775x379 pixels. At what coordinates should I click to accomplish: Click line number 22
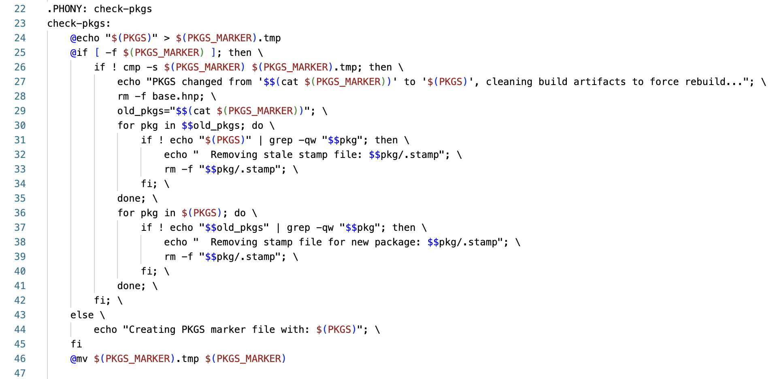coord(20,9)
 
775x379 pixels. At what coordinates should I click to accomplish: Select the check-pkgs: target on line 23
coord(79,23)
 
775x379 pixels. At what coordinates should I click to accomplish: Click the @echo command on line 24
coord(85,38)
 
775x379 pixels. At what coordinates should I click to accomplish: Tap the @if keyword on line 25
coord(79,53)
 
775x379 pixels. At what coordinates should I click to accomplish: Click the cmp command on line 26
coord(132,67)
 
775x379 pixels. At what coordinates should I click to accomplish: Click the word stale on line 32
coord(278,155)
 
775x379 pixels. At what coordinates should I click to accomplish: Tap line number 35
coord(20,198)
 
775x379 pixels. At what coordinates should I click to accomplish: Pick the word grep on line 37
coord(298,228)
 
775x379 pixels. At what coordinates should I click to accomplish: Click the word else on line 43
coord(82,315)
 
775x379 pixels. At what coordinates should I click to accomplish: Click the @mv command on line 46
coord(79,359)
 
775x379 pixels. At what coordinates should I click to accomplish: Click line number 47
coord(20,373)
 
